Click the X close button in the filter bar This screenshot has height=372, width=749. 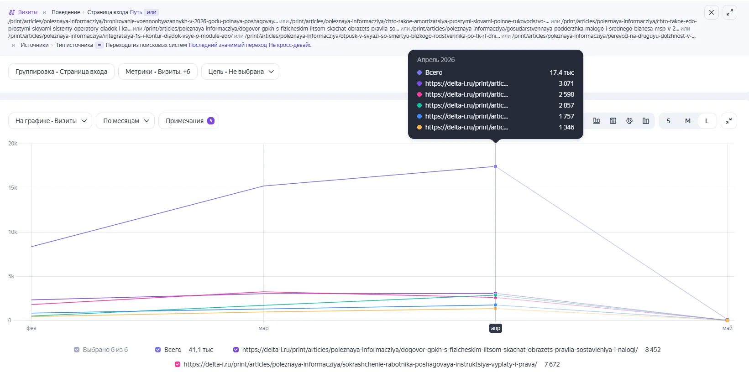tap(712, 12)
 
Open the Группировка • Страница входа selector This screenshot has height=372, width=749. tap(61, 72)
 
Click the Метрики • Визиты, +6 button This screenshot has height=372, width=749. tap(158, 72)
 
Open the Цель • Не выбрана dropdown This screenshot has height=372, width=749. tap(241, 72)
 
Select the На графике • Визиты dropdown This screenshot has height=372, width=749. tap(50, 121)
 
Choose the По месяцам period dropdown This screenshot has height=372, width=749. tap(126, 121)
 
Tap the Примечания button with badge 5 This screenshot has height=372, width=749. tap(189, 121)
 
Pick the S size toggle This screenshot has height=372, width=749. tap(668, 121)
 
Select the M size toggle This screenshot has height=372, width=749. tap(687, 121)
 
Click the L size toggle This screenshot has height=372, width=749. tap(707, 121)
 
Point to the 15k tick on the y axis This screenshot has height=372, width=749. tap(13, 188)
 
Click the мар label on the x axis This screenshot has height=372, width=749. tap(263, 328)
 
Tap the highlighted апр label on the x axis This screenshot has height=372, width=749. tap(496, 328)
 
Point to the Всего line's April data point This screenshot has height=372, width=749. tap(496, 166)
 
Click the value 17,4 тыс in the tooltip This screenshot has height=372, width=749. tap(562, 72)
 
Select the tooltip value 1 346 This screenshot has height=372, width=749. tap(566, 127)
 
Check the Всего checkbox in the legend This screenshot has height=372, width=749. tap(158, 350)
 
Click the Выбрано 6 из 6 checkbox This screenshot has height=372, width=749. tap(77, 350)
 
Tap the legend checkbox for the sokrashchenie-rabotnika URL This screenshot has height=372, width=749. tap(178, 364)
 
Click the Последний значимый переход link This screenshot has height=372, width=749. tap(228, 45)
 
